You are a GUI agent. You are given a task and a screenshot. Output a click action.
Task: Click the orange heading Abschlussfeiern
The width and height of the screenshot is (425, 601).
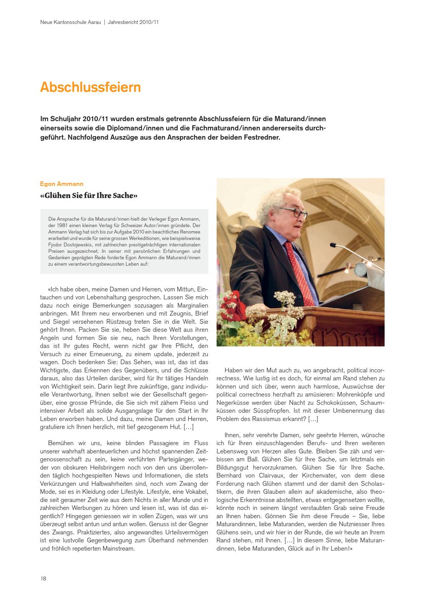pos(90,87)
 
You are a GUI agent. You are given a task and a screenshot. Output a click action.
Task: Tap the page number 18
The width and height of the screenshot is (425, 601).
pos(44,578)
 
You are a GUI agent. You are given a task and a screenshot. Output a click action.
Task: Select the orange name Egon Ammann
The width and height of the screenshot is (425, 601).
pos(62,184)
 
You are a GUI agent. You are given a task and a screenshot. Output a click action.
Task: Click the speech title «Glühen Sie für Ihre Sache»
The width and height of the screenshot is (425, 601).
pos(89,196)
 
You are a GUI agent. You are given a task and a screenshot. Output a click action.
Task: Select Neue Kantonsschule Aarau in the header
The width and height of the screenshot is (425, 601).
pos(71,21)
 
